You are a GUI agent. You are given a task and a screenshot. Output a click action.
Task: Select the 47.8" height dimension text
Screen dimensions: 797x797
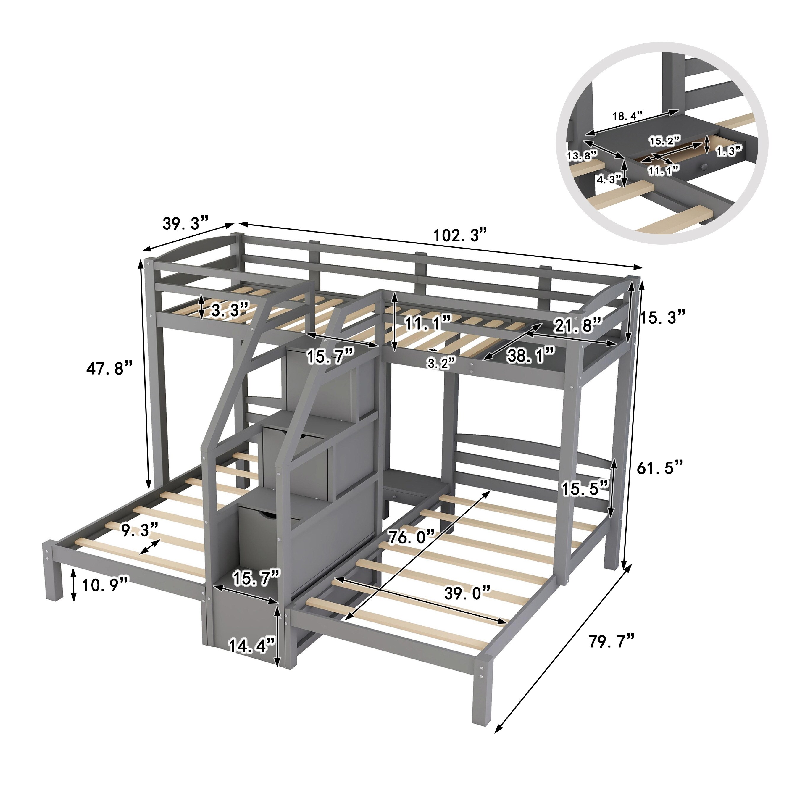tap(110, 368)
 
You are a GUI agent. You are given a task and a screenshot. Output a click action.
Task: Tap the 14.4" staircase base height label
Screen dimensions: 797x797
tap(252, 646)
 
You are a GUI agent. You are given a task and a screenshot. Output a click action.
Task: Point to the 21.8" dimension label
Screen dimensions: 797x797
tap(577, 326)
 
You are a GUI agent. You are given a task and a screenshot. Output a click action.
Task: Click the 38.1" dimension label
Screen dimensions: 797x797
tap(531, 355)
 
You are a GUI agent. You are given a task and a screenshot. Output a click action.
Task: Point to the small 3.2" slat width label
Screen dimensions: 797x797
tap(441, 363)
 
